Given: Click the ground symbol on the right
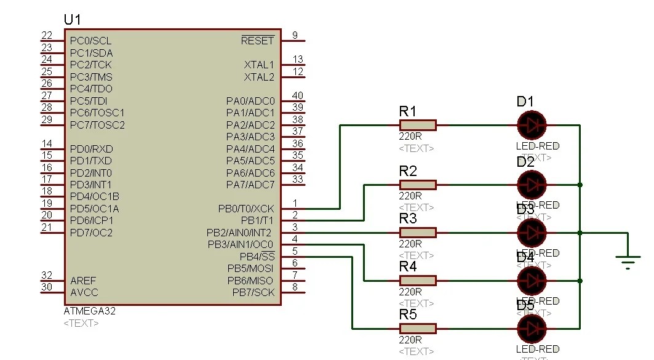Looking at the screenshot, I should point(628,263).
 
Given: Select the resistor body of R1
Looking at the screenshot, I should point(418,126).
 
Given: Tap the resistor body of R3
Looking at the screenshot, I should point(418,233).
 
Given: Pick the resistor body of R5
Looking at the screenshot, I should point(418,329).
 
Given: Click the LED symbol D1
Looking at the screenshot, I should point(532,126).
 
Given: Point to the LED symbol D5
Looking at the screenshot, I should point(532,329).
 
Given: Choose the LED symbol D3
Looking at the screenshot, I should point(532,233).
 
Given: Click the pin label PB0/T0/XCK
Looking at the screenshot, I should point(246,209).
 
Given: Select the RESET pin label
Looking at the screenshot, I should point(258,41).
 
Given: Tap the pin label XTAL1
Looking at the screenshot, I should point(259,65).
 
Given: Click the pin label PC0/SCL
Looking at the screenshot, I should point(91,41).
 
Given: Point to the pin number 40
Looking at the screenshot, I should point(298,95).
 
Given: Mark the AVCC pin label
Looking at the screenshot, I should point(84,293).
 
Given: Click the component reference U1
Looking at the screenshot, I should point(72,20).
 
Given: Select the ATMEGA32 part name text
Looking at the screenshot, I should point(90,311).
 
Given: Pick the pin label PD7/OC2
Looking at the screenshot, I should point(92,233).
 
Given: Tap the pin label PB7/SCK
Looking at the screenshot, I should point(253,293).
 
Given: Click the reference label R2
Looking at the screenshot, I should point(408,171).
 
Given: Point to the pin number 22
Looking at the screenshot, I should point(47,35).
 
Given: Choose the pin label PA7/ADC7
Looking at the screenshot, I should point(250,185).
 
